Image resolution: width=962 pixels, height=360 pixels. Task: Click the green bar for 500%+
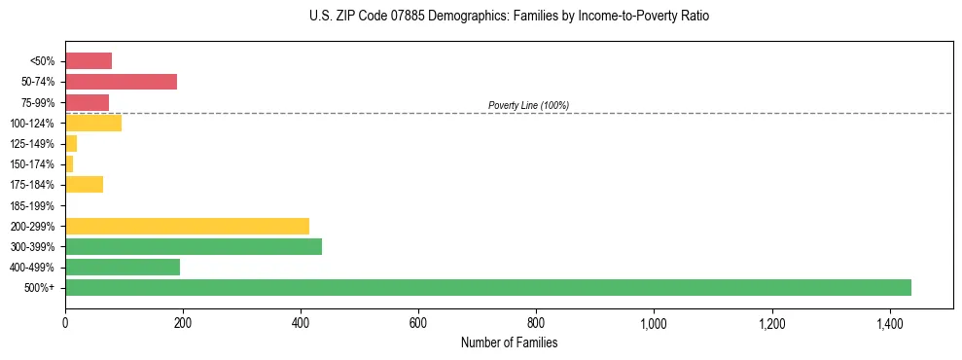point(487,287)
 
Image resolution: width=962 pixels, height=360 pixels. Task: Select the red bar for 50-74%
point(121,82)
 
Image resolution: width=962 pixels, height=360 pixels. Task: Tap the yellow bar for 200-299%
point(187,226)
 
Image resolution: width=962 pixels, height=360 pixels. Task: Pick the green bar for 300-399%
point(193,246)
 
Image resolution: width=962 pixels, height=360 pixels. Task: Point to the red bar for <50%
point(89,61)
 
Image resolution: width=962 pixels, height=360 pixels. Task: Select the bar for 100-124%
point(93,123)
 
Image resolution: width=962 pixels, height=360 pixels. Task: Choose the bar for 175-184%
point(84,185)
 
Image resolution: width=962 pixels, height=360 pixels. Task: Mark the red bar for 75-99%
point(87,102)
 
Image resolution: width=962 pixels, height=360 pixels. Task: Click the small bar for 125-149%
point(71,144)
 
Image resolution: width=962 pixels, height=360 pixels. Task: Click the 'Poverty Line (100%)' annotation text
point(528,105)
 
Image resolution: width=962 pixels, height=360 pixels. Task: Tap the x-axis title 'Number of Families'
point(509,342)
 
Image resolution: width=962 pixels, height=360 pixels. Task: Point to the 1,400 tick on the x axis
point(889,322)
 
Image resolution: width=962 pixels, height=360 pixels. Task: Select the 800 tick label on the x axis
point(536,322)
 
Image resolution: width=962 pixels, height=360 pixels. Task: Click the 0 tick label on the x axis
point(65,322)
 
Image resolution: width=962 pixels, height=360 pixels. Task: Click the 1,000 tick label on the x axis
point(654,322)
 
